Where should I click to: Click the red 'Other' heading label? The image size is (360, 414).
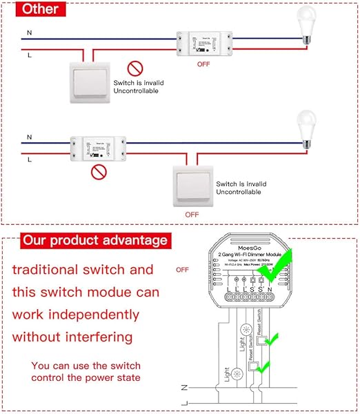pyautogui.click(x=39, y=10)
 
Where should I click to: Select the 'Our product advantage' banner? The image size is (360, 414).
pyautogui.click(x=94, y=240)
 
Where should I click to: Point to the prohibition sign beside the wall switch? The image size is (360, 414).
pyautogui.click(x=135, y=68)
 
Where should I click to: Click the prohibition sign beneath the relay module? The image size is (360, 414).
pyautogui.click(x=101, y=170)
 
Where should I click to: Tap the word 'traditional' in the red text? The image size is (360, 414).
pyautogui.click(x=52, y=270)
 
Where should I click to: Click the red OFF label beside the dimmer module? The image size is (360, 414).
pyautogui.click(x=182, y=270)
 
